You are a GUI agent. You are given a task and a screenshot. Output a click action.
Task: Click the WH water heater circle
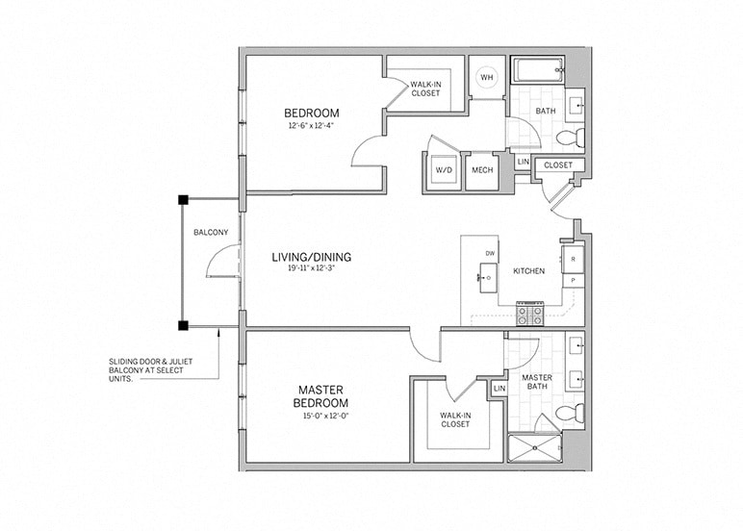[487, 78]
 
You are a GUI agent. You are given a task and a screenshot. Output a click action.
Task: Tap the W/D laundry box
[444, 170]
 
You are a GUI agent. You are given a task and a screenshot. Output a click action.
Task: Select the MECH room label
[480, 170]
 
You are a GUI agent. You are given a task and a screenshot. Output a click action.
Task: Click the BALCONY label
[210, 233]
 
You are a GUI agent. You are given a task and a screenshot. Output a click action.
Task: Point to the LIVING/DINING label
[310, 257]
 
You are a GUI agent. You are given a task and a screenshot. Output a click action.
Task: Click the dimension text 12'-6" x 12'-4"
[311, 125]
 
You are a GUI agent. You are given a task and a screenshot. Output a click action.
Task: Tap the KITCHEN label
[528, 271]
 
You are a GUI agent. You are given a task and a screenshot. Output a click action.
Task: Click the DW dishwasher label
[490, 253]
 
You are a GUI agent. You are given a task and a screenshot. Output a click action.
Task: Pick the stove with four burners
[528, 313]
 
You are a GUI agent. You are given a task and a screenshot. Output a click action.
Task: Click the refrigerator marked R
[574, 259]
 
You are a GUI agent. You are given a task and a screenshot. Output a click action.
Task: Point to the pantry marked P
[574, 280]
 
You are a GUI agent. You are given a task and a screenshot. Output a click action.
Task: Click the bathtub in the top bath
[536, 73]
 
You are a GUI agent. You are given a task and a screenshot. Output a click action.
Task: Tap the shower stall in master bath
[534, 447]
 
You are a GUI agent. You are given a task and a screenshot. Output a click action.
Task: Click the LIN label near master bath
[499, 388]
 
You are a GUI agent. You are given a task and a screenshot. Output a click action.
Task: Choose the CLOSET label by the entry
[557, 165]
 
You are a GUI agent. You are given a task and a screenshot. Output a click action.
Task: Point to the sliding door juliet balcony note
[147, 369]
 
